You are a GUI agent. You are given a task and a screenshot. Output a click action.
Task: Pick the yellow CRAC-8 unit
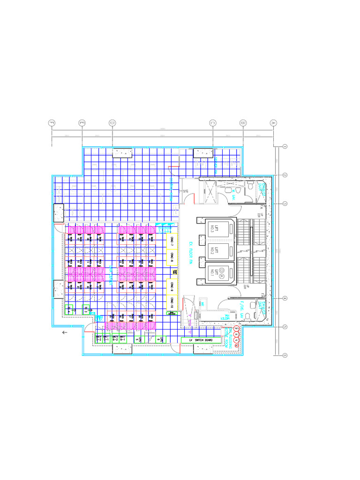click(x=172, y=258)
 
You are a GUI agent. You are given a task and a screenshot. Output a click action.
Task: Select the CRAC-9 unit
click(x=172, y=285)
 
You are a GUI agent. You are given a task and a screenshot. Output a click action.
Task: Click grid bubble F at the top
click(x=52, y=123)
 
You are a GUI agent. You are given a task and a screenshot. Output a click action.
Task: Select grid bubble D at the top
click(x=112, y=123)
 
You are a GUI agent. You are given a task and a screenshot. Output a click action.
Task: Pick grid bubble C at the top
click(x=213, y=123)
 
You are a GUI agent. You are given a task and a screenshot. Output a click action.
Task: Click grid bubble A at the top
click(x=273, y=123)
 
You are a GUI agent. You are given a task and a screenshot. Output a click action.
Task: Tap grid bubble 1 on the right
click(x=285, y=146)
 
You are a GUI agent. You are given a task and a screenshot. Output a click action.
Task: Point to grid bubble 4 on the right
click(x=285, y=299)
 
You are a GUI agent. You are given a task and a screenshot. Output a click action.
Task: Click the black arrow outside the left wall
click(x=65, y=332)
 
